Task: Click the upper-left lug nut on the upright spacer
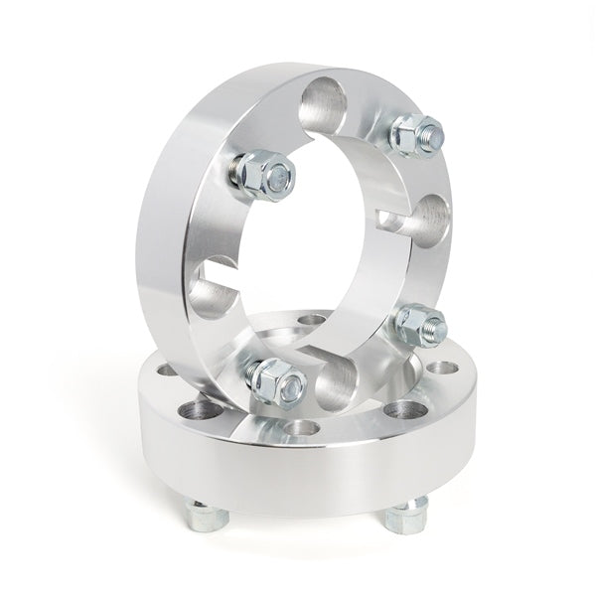click(264, 176)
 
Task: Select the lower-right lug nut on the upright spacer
click(419, 324)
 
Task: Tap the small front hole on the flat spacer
click(303, 428)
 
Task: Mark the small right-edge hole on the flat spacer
click(437, 369)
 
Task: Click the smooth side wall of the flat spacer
click(298, 477)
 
